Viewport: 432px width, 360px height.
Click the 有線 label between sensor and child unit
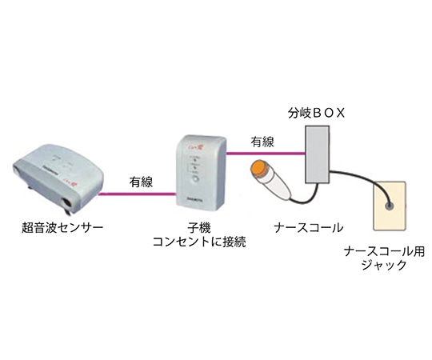[142, 182]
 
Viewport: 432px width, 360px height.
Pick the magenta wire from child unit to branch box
[265, 152]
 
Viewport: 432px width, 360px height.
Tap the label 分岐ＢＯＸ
[319, 113]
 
